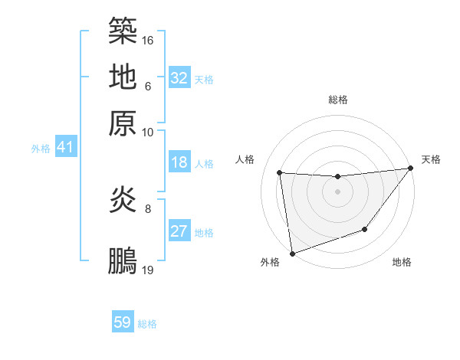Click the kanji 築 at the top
(123, 30)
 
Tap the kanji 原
(123, 123)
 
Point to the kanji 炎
(123, 201)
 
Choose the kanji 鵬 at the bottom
(123, 260)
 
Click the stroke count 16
(148, 39)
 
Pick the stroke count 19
(148, 270)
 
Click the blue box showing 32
(179, 77)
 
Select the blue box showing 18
(179, 162)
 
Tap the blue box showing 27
(179, 231)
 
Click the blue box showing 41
(65, 147)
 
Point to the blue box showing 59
(123, 322)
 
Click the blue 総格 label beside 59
(147, 324)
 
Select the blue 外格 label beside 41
(41, 149)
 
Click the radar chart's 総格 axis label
(338, 100)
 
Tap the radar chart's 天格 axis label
(431, 159)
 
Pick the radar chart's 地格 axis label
(402, 263)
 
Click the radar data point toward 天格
(411, 169)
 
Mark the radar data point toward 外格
(292, 253)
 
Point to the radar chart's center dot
(337, 191)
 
